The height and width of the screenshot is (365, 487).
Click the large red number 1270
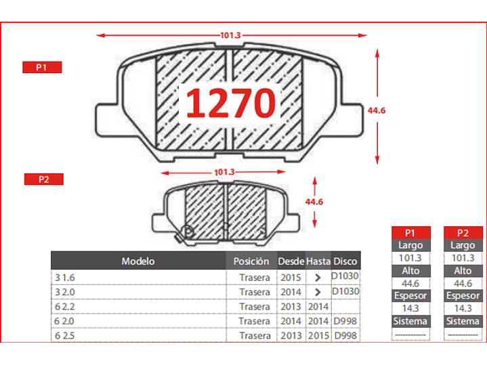point(230,103)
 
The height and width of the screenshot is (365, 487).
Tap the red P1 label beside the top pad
point(42,67)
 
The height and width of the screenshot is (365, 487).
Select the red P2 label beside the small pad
point(44,179)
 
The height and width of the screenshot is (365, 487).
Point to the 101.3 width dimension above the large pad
point(230,35)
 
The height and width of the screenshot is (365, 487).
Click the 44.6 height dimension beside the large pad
point(377,110)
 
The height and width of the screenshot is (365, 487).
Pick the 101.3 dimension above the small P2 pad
point(224,172)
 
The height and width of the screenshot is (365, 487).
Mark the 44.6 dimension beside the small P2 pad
point(314,202)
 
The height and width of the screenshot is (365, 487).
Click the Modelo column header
point(138,261)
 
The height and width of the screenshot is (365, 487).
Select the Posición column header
point(251,261)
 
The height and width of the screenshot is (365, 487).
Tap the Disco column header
point(345,261)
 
